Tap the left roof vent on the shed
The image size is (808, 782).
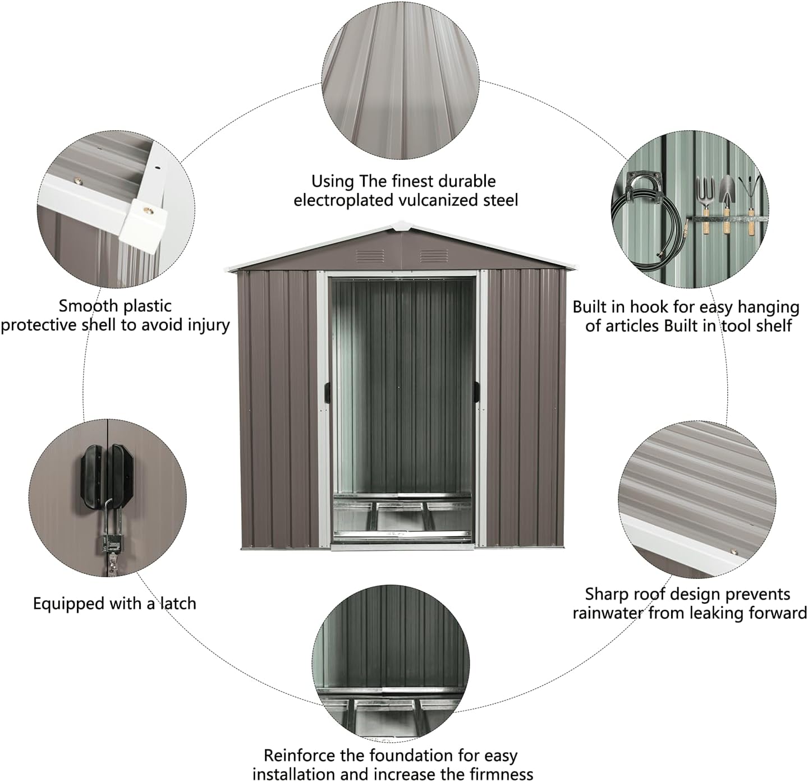tap(370, 256)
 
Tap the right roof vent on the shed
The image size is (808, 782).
tap(430, 256)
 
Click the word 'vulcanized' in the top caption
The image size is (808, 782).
tap(439, 200)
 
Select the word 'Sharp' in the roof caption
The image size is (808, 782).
tap(606, 594)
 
